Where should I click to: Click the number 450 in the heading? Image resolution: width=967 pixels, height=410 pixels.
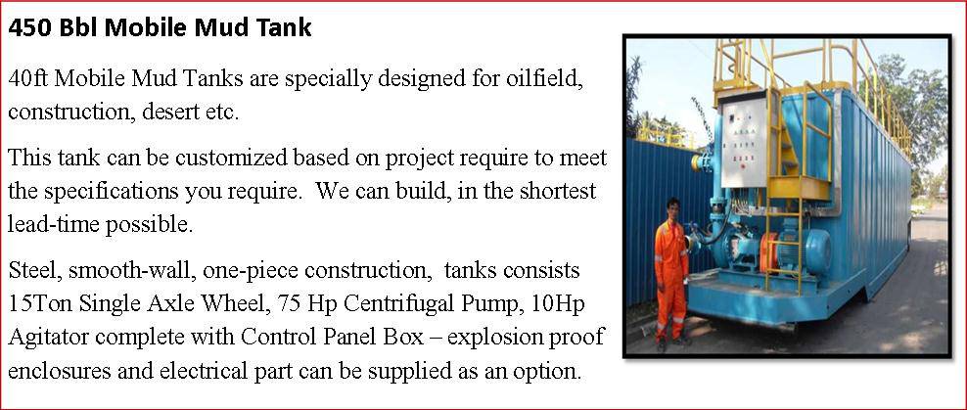[x=29, y=28]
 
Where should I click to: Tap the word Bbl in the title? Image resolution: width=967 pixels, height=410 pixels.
[x=78, y=28]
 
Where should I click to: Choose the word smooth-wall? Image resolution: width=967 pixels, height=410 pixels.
[x=132, y=270]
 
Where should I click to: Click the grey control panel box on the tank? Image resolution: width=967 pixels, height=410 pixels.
[x=745, y=139]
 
